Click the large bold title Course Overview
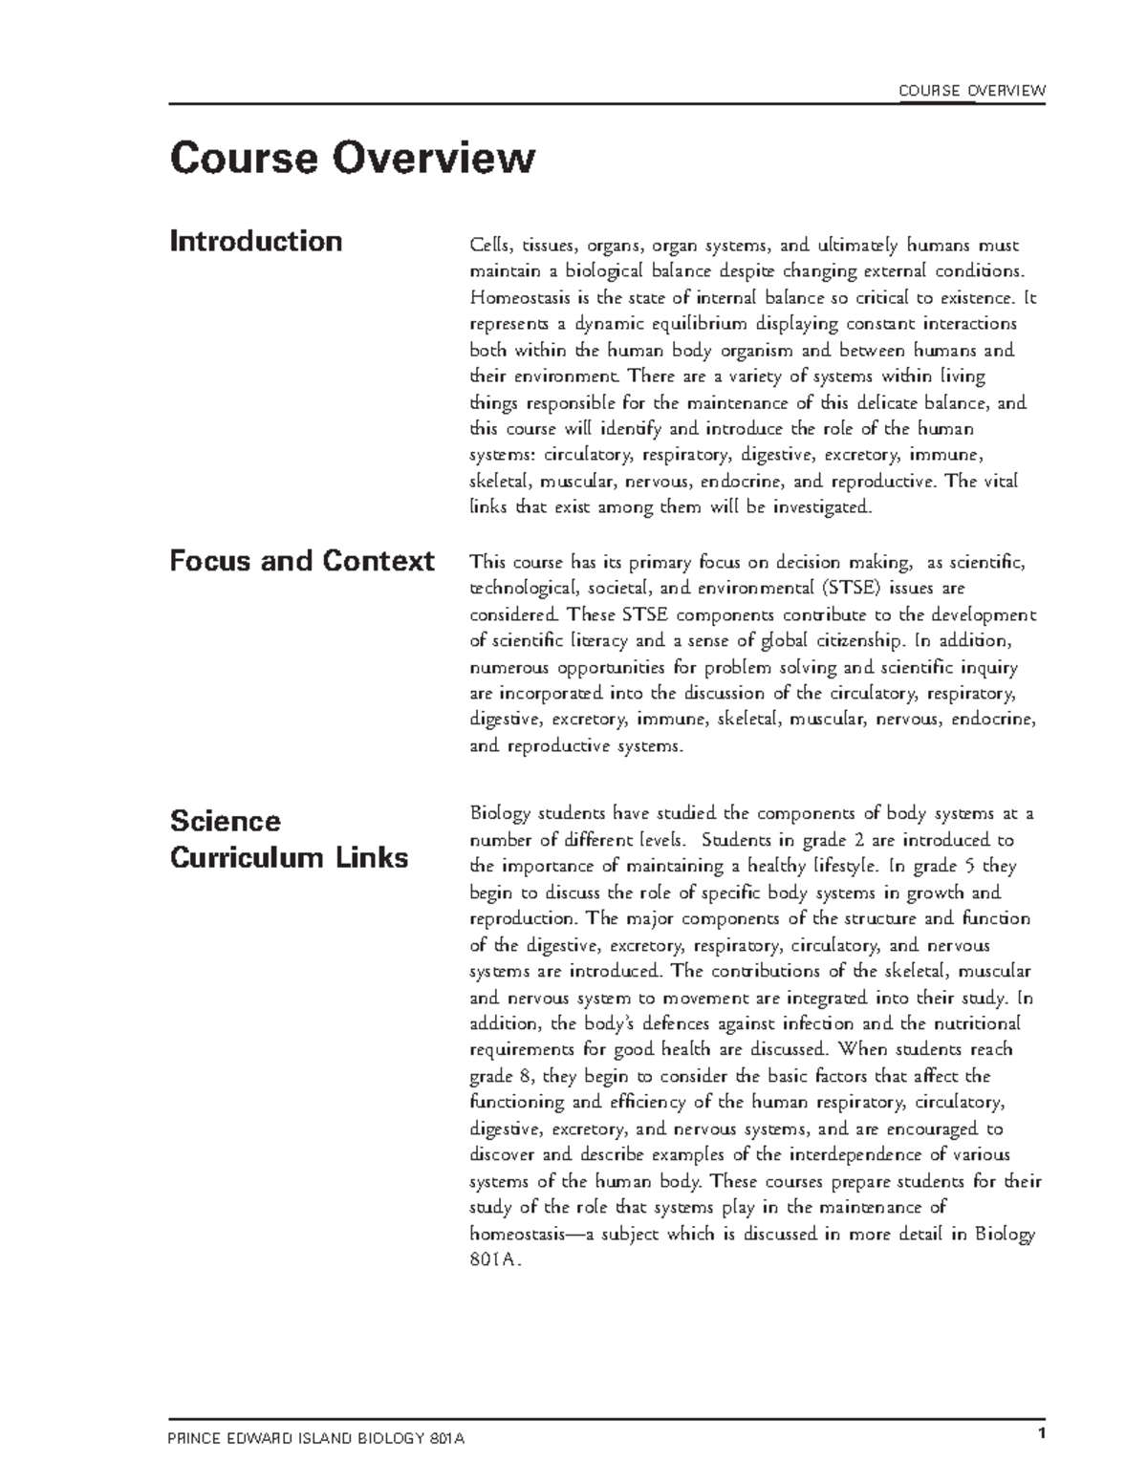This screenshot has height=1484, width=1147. tap(352, 159)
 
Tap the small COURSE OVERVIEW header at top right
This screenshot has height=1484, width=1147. tap(972, 91)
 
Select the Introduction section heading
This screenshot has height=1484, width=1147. tap(255, 241)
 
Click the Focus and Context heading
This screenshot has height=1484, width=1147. tap(301, 560)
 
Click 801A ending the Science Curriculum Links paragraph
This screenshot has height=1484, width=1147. tap(496, 1259)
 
